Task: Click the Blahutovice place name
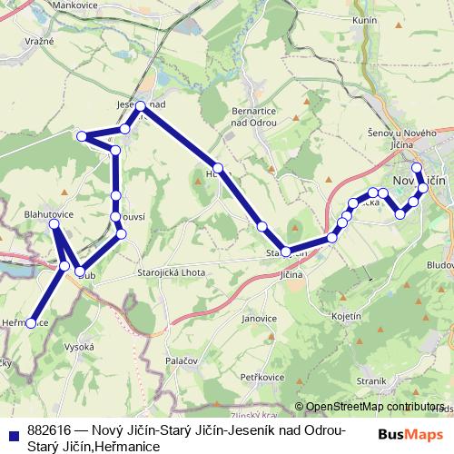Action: [48, 215]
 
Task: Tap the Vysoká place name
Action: [80, 347]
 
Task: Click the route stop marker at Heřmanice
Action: [31, 322]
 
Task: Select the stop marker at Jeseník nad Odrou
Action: [141, 107]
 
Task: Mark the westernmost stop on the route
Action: [31, 322]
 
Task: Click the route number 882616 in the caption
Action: [51, 429]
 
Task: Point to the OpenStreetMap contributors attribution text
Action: [375, 407]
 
